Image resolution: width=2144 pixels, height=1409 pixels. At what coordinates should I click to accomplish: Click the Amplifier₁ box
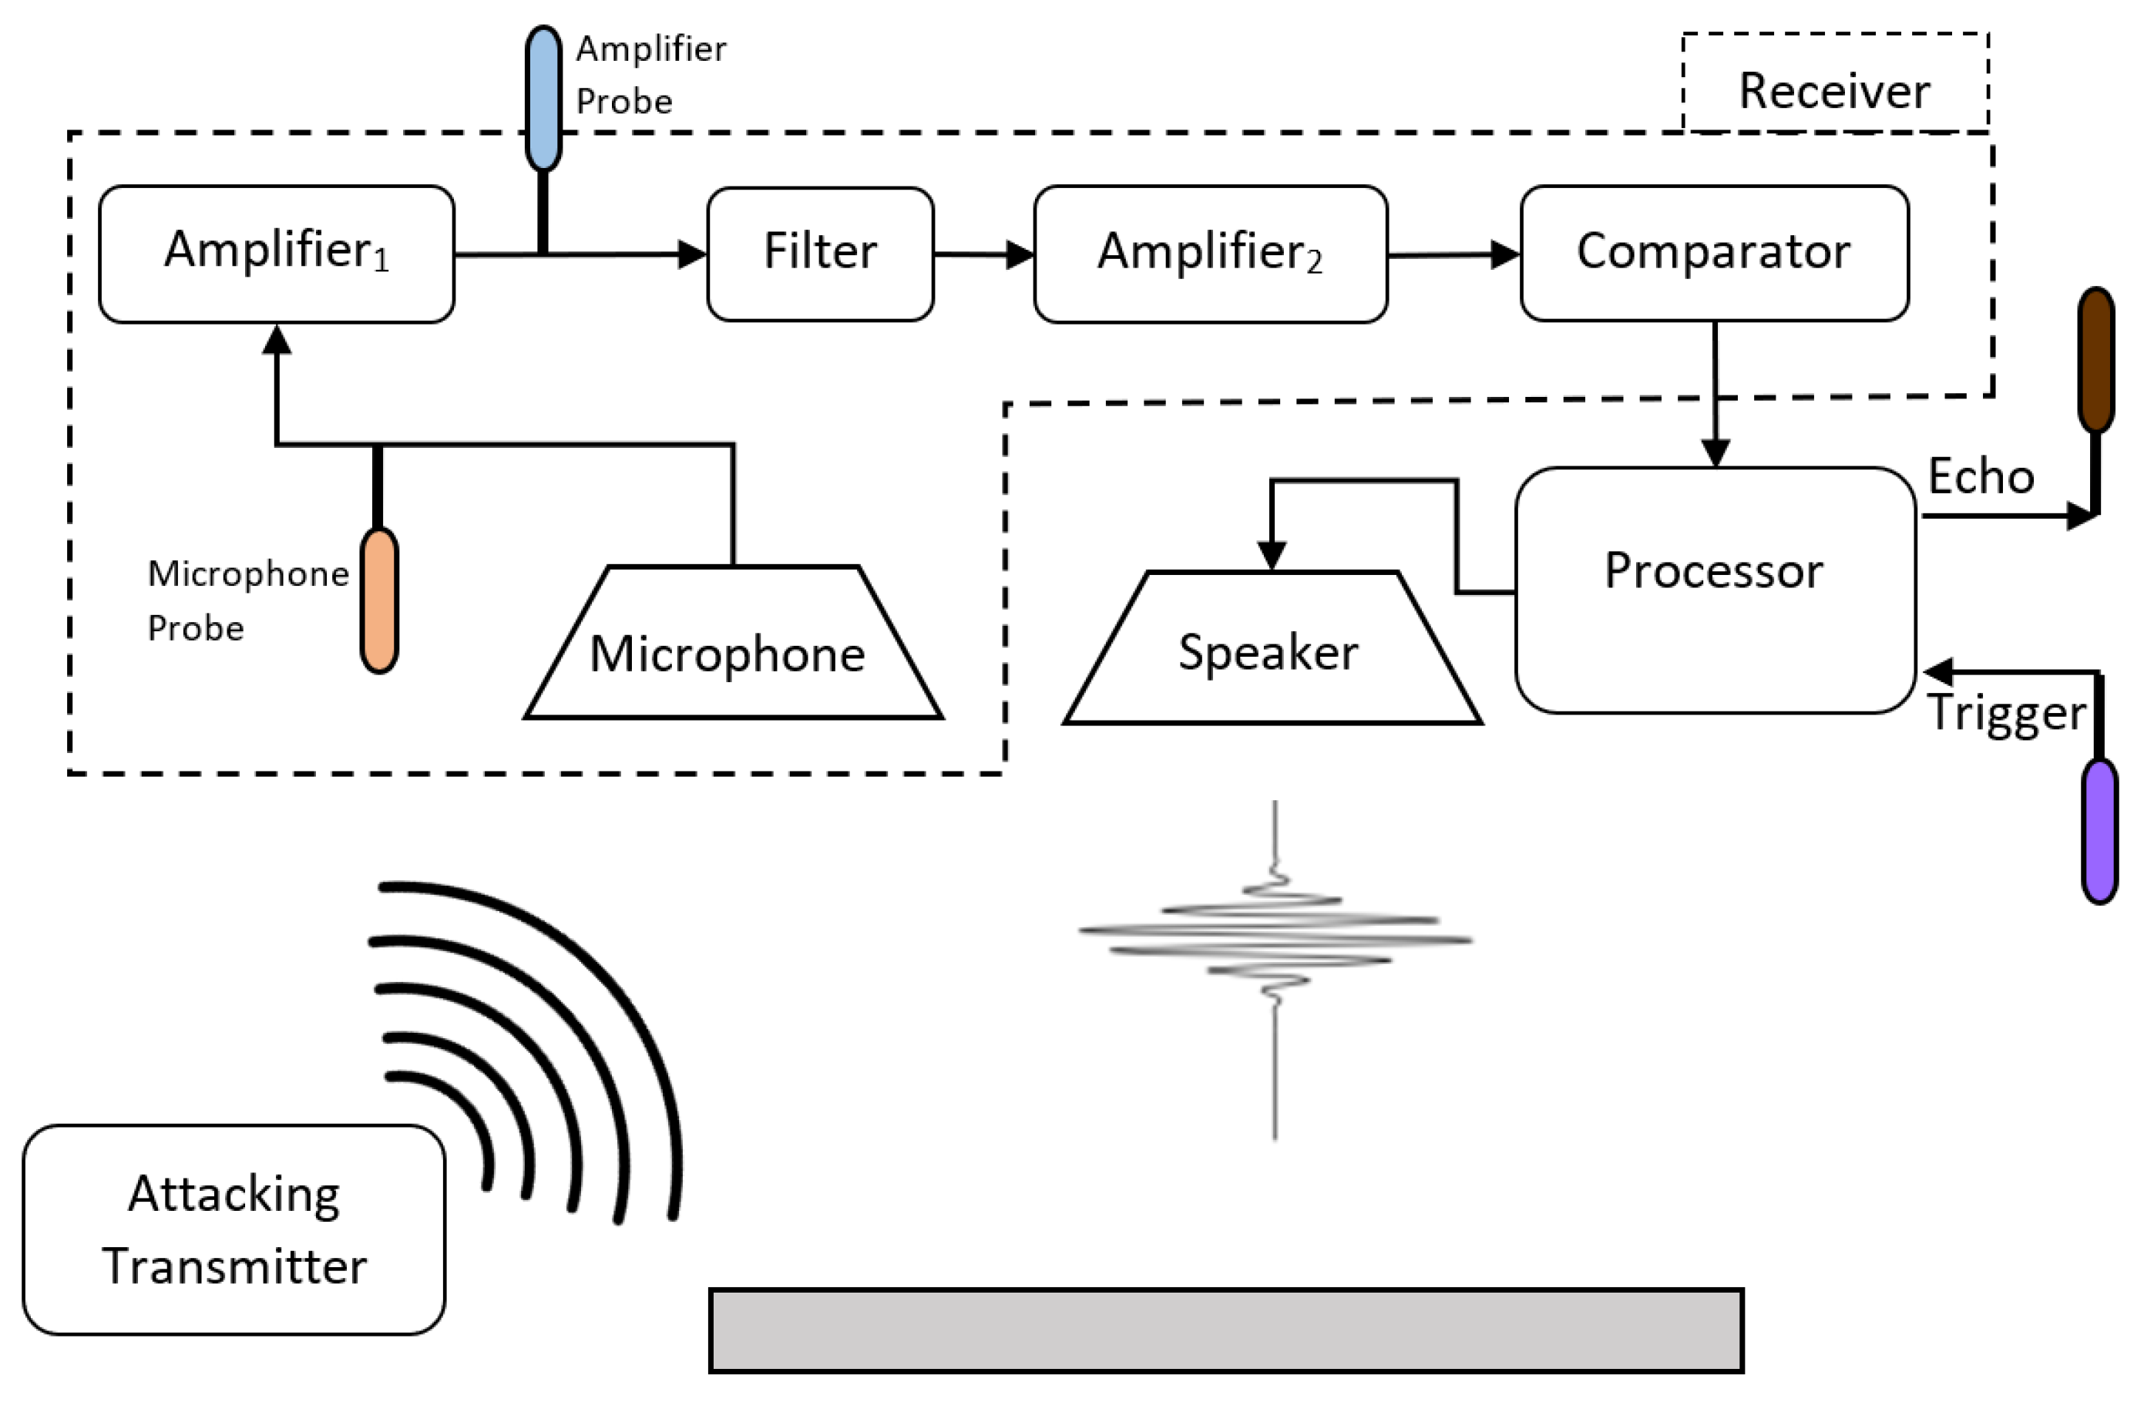point(276,254)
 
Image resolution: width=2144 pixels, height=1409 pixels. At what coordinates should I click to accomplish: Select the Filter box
point(820,254)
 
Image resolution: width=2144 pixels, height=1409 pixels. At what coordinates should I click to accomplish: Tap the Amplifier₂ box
point(1210,254)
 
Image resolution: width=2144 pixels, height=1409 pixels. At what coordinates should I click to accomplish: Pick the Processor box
point(1714,590)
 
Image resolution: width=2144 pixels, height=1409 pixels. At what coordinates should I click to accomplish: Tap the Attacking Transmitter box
point(234,1229)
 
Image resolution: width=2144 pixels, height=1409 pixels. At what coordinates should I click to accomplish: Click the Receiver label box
point(1834,85)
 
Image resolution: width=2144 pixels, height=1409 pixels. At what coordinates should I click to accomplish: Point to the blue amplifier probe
point(543,97)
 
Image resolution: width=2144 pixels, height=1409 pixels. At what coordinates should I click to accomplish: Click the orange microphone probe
point(379,599)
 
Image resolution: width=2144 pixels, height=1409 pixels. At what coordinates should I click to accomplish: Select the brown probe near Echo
point(2096,361)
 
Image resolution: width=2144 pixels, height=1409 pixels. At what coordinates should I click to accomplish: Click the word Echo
point(1981,476)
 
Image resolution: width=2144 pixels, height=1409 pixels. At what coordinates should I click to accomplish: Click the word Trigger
point(2005,713)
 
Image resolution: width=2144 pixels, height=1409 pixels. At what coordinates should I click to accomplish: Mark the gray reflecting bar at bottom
point(1226,1330)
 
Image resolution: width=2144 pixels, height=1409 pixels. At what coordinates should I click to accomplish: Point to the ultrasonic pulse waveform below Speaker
point(1275,937)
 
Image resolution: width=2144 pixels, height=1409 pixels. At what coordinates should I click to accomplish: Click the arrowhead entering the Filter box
point(692,254)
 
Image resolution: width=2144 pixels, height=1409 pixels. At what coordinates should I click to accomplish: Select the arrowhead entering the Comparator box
point(1505,254)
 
